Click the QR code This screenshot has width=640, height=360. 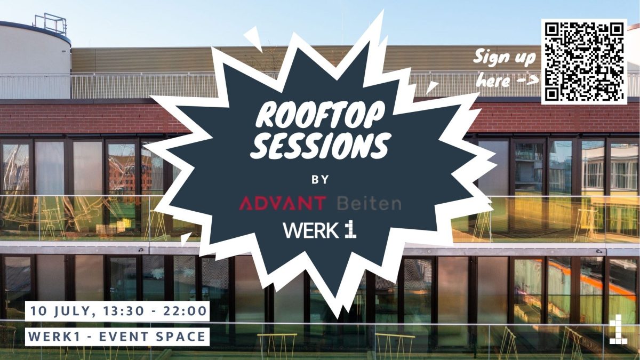point(584,61)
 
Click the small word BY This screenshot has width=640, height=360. point(320,180)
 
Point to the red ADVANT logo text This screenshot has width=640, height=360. point(283,203)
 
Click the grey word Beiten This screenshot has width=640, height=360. point(369,203)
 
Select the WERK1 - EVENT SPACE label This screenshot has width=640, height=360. point(117,337)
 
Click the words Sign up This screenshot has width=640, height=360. point(505,57)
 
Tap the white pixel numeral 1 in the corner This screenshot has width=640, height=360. point(617,330)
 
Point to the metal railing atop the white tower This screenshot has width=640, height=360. point(50,24)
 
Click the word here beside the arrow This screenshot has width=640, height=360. point(494,82)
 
